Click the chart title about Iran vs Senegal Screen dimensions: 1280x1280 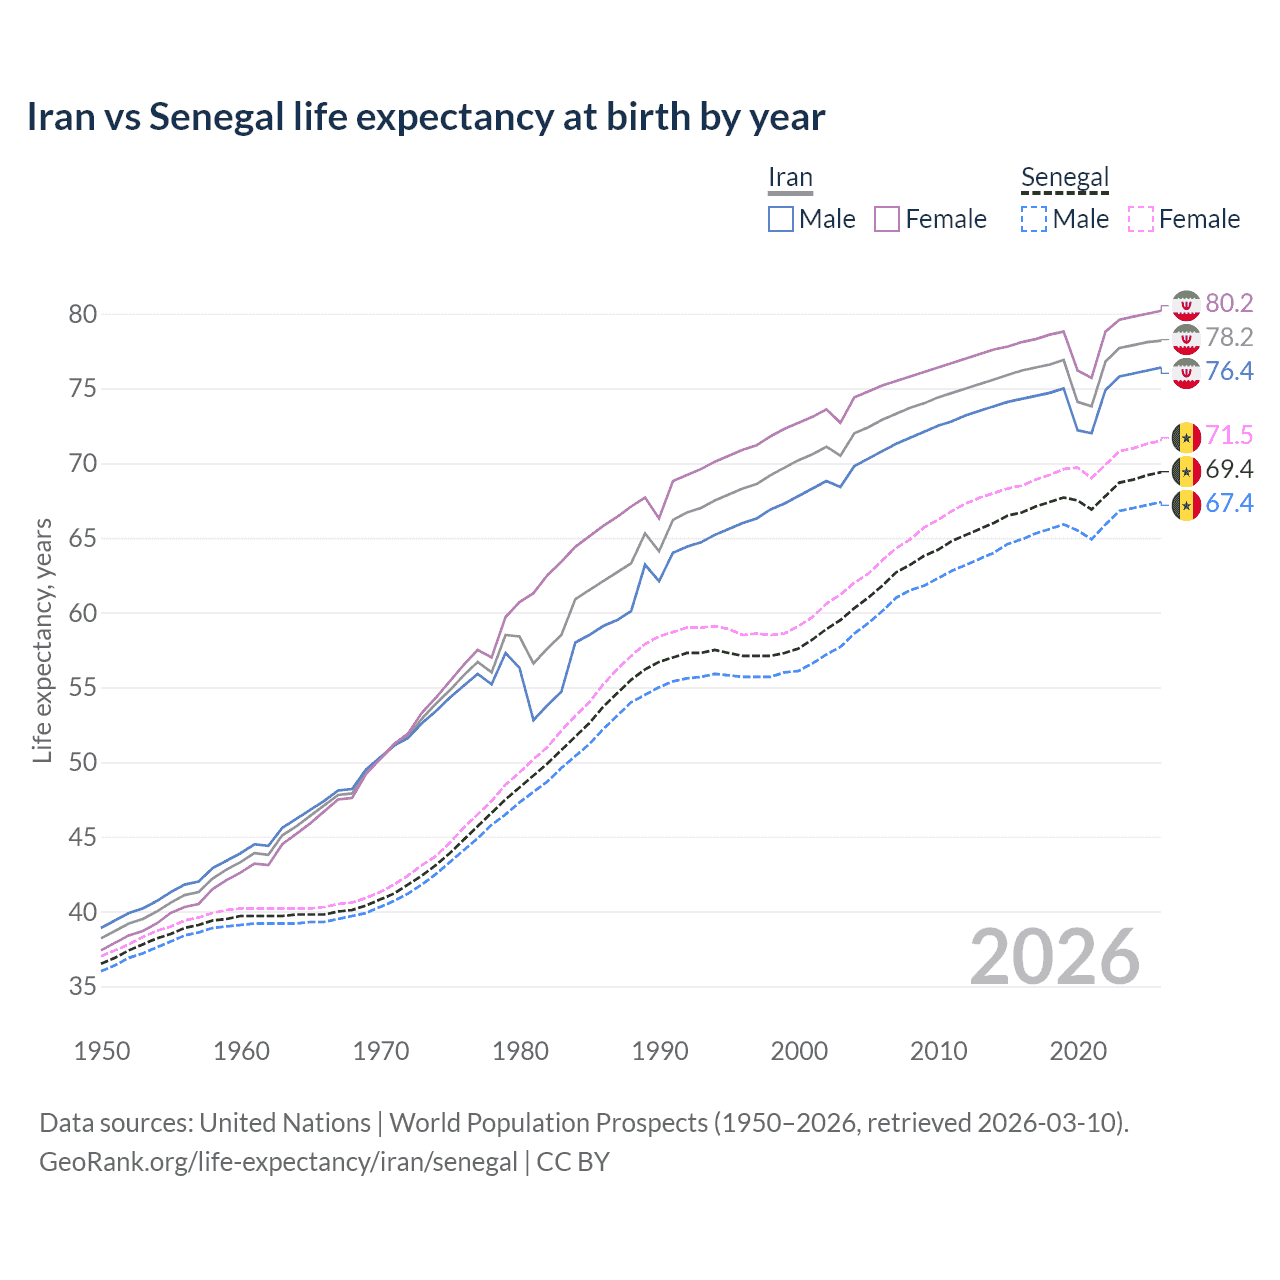pos(426,117)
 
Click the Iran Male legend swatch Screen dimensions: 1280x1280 pos(781,219)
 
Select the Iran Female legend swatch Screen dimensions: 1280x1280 pos(887,219)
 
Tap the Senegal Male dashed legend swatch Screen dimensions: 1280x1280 pos(1034,219)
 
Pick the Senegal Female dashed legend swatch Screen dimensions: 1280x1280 pos(1141,219)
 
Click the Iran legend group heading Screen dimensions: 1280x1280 pos(790,178)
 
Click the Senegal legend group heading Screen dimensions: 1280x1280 pos(1065,178)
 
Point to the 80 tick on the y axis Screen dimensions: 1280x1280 pos(83,314)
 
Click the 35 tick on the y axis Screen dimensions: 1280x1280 pos(83,987)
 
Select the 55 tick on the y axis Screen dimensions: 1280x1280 pos(83,688)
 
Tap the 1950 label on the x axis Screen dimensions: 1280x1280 pos(102,1051)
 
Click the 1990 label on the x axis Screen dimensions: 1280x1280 pos(660,1051)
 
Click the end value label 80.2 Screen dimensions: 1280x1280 pos(1229,304)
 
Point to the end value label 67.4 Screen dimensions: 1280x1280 pos(1229,503)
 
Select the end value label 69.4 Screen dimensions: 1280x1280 pos(1229,470)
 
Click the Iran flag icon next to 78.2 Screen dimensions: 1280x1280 pos(1186,339)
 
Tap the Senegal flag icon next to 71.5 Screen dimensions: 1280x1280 pos(1186,437)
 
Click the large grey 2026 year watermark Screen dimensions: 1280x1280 pos(1055,957)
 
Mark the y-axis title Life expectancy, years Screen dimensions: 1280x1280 pos(42,640)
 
